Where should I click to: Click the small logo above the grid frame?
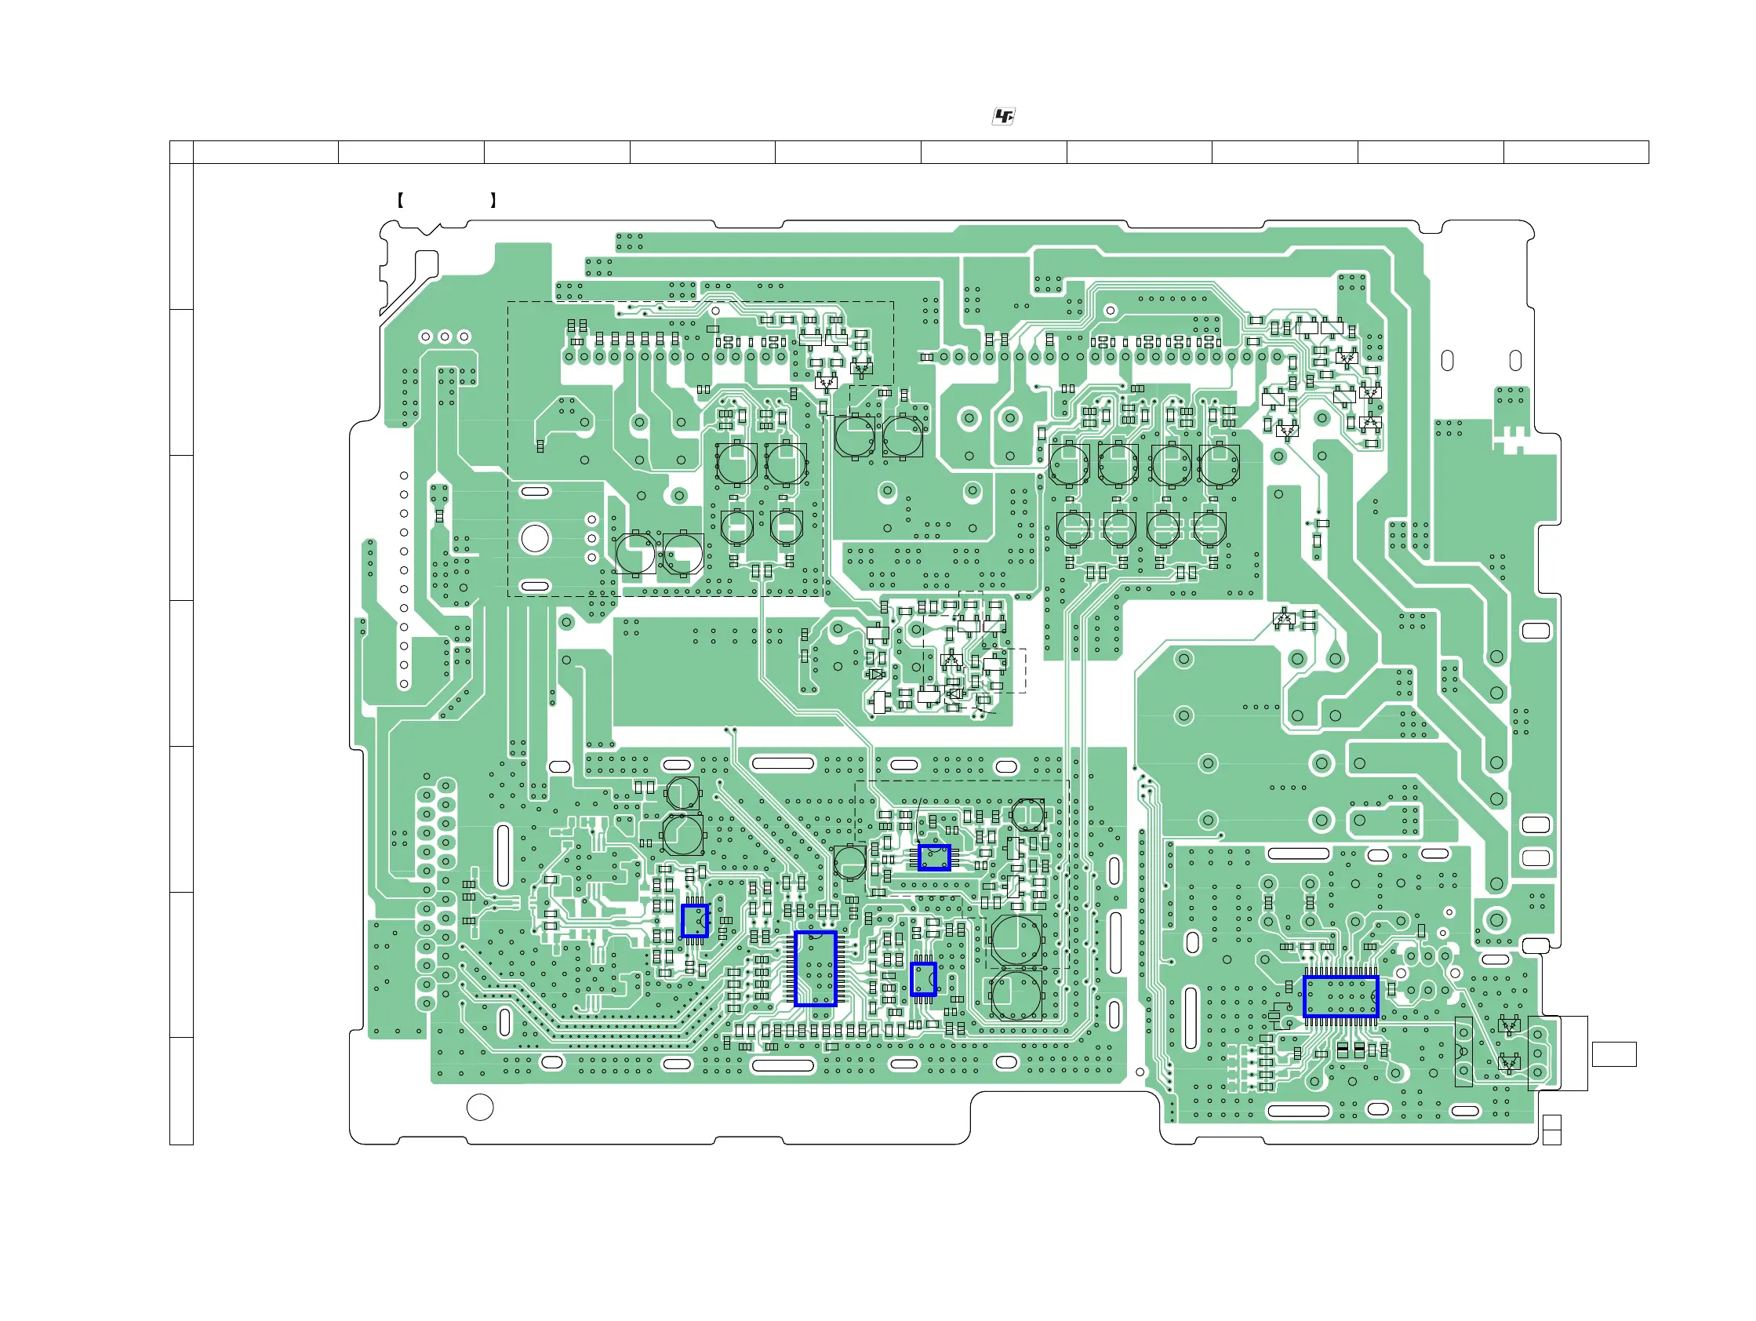coord(1003,117)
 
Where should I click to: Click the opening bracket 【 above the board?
coord(400,200)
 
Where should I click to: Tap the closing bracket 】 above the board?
coord(493,200)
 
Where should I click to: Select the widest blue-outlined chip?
coord(1340,996)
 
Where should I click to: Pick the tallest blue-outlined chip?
coord(816,969)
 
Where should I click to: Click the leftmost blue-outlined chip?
coord(695,921)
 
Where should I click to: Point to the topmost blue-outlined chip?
coord(933,857)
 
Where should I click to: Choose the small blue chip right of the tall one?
coord(922,979)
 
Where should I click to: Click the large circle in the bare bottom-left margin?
coord(479,1107)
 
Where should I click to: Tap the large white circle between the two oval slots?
coord(534,538)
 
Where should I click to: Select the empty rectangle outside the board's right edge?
coord(1614,1054)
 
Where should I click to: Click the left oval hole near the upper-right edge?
coord(1447,360)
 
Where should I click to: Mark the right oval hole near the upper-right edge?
coord(1514,360)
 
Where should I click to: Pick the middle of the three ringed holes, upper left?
coord(445,337)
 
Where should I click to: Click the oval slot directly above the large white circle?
coord(534,491)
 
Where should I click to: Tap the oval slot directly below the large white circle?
coord(534,586)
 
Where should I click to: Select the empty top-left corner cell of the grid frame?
coord(181,151)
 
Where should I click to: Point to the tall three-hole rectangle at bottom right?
coord(1463,1051)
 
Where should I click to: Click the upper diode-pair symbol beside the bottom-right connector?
coord(1508,1025)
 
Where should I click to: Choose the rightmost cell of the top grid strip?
coord(1576,151)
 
